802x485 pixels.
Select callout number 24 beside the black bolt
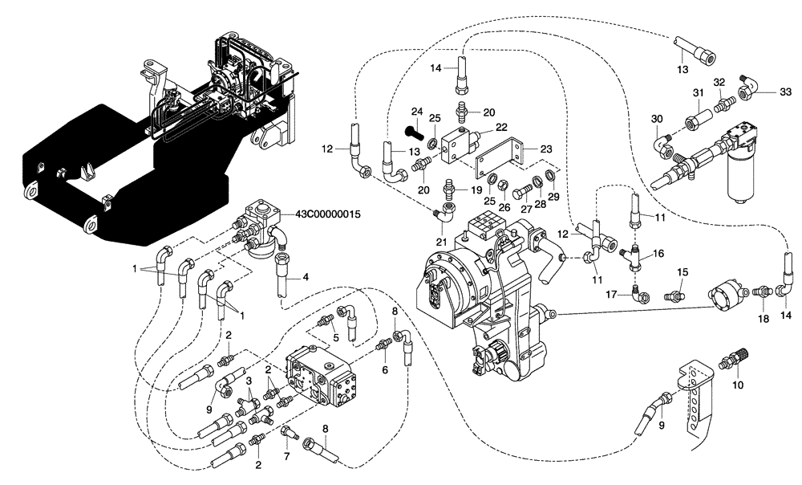416,112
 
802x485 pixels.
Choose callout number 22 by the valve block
501,127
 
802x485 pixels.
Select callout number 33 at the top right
763,93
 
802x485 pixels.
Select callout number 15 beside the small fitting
682,273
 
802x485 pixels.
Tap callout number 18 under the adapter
764,318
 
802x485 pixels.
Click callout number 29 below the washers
553,197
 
